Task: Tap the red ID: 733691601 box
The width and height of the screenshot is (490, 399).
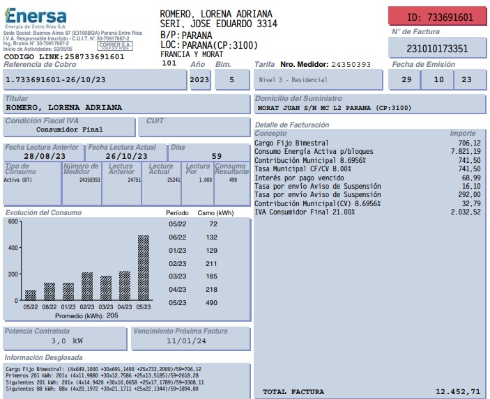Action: [x=439, y=17]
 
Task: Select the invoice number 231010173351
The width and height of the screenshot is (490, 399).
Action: [x=438, y=49]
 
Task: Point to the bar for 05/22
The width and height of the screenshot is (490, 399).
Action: [x=31, y=295]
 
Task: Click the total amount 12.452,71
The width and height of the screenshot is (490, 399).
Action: [x=458, y=392]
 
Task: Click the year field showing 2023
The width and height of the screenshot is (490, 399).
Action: [x=199, y=79]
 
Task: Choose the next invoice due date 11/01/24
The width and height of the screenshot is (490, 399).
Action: [x=187, y=342]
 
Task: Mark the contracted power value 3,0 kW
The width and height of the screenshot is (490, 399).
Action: [x=67, y=342]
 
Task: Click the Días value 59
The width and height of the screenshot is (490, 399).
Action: [x=217, y=156]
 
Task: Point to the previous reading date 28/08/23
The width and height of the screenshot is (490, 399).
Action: [x=41, y=156]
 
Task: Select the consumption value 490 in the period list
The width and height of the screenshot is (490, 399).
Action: [x=212, y=302]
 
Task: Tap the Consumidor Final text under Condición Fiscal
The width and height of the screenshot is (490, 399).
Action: [x=70, y=129]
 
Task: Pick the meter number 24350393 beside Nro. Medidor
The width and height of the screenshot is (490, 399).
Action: [x=351, y=64]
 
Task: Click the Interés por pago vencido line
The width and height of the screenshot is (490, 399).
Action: [x=300, y=178]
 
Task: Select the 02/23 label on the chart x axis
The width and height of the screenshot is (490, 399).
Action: [x=87, y=306]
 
